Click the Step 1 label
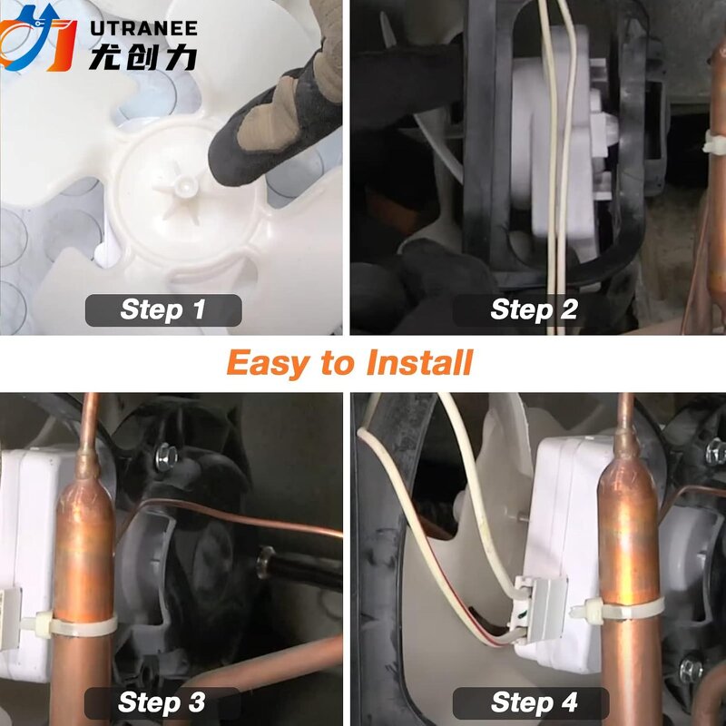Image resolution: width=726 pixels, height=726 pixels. coord(163,309)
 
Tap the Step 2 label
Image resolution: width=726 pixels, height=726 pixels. coord(534,309)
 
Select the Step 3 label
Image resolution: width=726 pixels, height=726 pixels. coord(162,702)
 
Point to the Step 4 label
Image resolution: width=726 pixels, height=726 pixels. coord(534,702)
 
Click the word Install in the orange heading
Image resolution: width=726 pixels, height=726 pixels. coord(419,362)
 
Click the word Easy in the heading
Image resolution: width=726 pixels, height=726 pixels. coord(268,364)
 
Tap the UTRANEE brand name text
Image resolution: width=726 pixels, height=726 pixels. coord(144,29)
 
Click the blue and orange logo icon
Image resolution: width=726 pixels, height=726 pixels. coord(37,38)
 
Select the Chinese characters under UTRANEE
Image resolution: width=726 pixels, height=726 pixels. coord(143,57)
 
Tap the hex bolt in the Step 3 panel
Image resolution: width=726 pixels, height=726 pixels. coord(166,456)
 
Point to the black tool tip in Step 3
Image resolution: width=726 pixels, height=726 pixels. coord(266,562)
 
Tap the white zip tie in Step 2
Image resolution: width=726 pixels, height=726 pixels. coord(714,142)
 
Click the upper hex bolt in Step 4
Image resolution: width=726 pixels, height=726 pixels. coord(716,452)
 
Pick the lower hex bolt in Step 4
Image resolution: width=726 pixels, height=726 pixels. coord(691,669)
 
